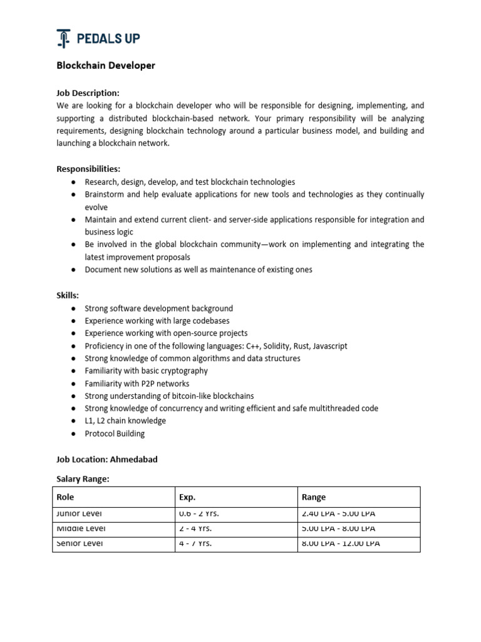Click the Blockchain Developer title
click(x=106, y=65)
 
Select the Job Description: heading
click(x=88, y=93)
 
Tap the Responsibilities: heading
click(x=88, y=169)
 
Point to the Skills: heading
click(x=68, y=295)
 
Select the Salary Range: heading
click(x=83, y=478)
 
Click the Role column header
click(x=65, y=497)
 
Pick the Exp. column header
click(x=187, y=497)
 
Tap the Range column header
click(x=314, y=497)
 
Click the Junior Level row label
click(x=80, y=514)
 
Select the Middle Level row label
click(x=80, y=529)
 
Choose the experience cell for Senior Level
click(x=195, y=544)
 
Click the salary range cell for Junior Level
click(x=338, y=514)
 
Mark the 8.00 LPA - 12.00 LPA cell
click(x=341, y=544)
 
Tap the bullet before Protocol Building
click(x=73, y=434)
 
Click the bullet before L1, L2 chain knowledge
click(x=73, y=421)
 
